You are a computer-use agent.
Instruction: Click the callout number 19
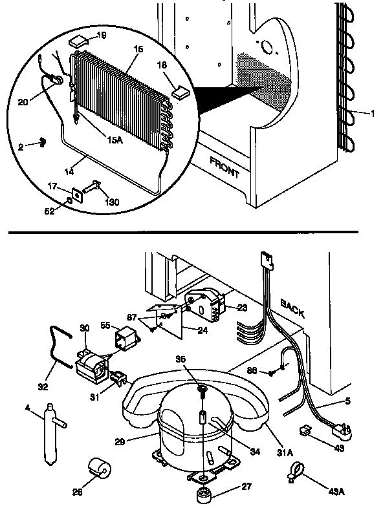click(102, 36)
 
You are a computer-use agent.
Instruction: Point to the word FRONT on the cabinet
click(224, 167)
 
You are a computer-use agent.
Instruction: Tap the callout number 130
click(111, 203)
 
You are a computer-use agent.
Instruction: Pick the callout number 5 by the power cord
click(347, 401)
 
